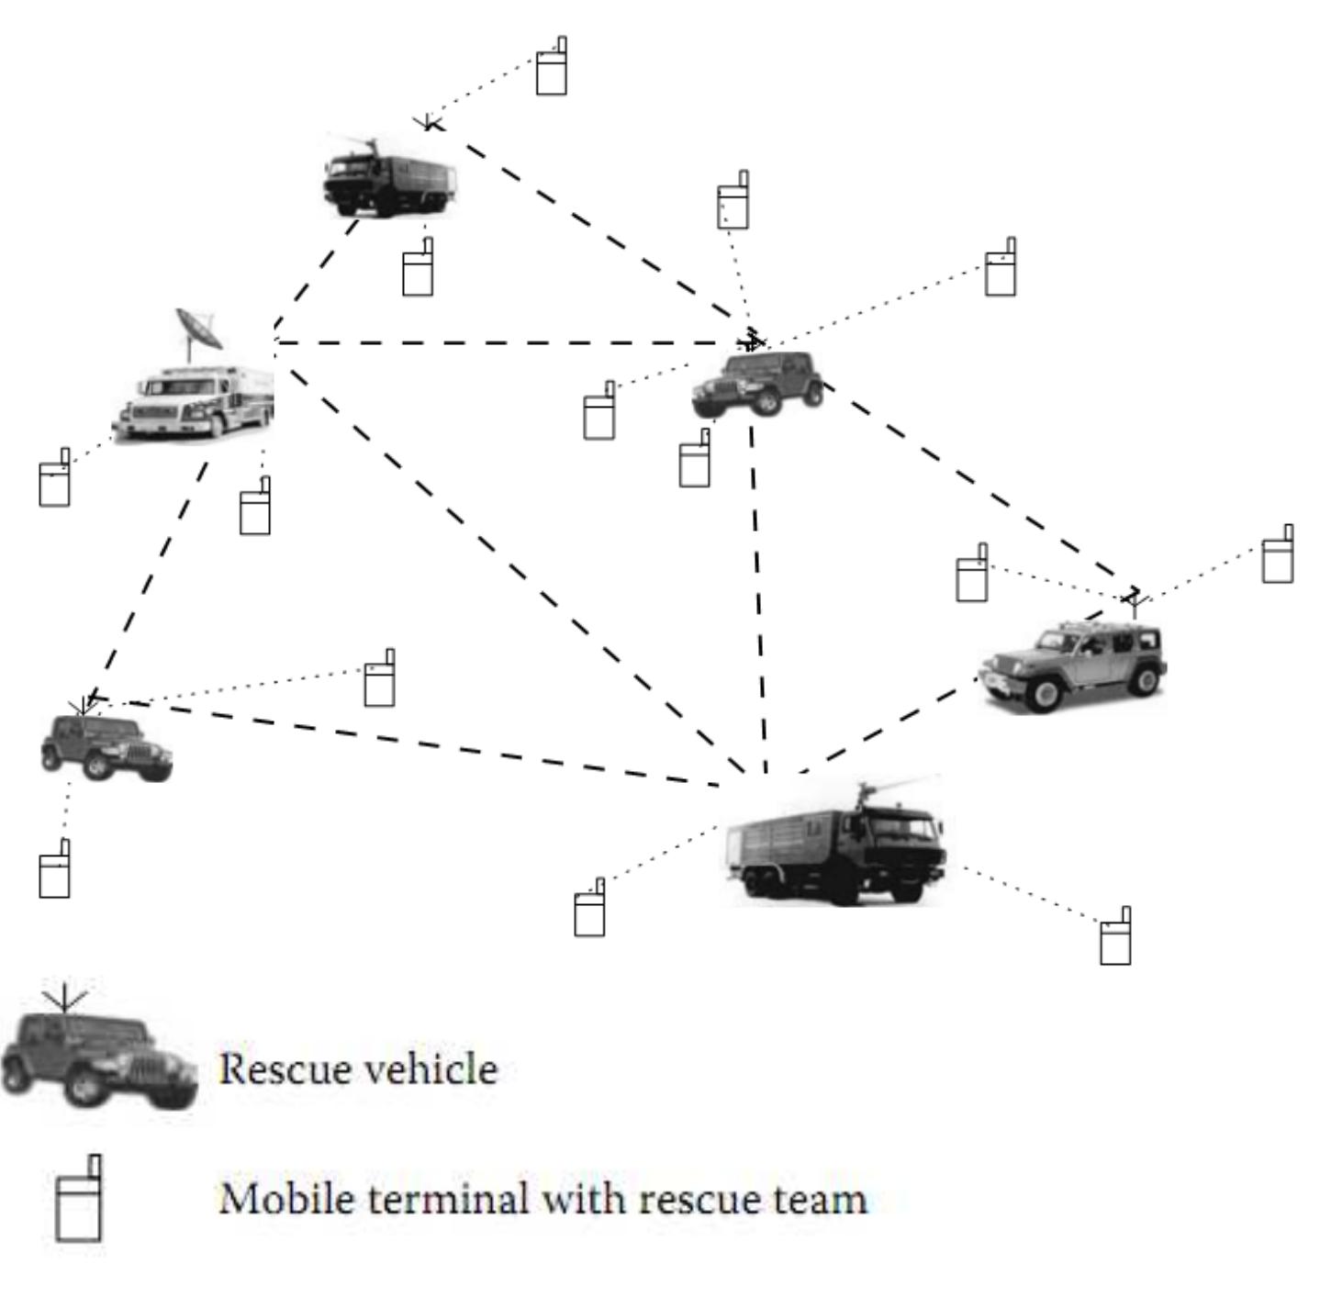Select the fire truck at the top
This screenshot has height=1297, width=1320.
click(389, 177)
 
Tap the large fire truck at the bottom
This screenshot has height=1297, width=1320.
click(836, 845)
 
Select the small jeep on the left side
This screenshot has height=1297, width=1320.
click(106, 746)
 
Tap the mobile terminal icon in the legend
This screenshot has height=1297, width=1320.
click(79, 1200)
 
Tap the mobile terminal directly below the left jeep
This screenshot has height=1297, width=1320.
click(55, 869)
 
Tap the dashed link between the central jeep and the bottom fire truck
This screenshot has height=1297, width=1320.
click(758, 597)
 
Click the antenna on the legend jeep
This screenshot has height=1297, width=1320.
click(64, 998)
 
